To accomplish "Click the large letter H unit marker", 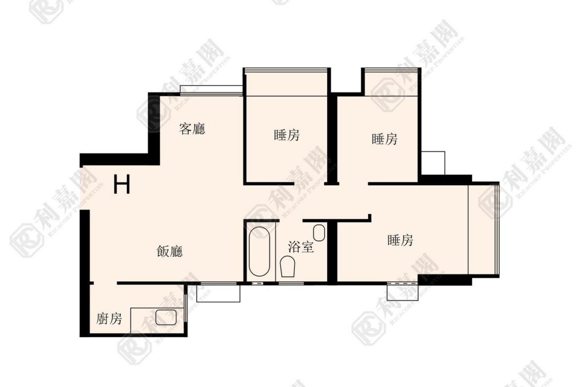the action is pos(122,184).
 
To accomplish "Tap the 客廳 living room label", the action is pos(192,129).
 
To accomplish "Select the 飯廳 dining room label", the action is pos(169,251).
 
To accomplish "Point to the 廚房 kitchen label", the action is pos(109,318).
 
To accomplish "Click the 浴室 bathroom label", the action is pos(301,247).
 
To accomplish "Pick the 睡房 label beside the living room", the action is pos(287,136).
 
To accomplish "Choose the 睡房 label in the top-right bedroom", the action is pos(385,140).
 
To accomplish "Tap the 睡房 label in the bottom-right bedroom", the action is pos(401,240).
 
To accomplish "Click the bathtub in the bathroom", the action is pos(259,251).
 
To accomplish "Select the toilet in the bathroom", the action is pos(288,267).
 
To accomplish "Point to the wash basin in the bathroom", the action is pos(319,233).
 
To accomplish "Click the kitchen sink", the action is pos(166,317).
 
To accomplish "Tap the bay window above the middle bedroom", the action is pos(287,82).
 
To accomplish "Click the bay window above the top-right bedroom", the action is pos(391,82).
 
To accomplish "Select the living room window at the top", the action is pos(211,90).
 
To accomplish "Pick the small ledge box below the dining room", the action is pos(218,293).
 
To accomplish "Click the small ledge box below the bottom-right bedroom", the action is pos(403,292).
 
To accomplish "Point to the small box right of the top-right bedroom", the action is pos(433,163).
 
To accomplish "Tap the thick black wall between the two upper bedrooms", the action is pos(333,139).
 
